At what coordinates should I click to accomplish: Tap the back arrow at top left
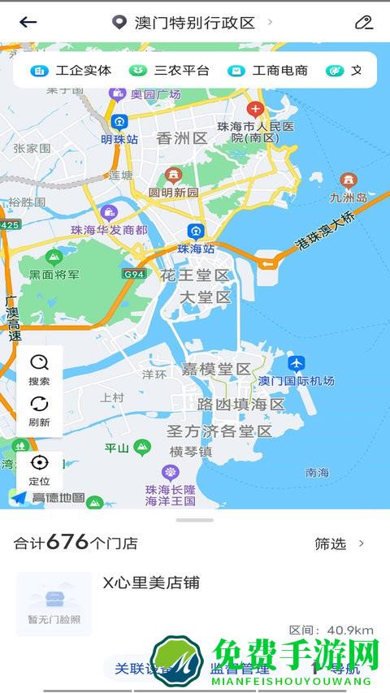[x=28, y=22]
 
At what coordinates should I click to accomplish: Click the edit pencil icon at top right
[x=363, y=22]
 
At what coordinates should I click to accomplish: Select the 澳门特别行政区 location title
[x=194, y=22]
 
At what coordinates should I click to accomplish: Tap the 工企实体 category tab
[x=71, y=71]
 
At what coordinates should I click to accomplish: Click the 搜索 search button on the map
[x=39, y=369]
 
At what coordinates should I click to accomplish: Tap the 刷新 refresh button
[x=39, y=410]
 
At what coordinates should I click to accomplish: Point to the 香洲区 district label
[x=182, y=138]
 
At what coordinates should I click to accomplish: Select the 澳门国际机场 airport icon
[x=297, y=363]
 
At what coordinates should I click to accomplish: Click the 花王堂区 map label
[x=195, y=275]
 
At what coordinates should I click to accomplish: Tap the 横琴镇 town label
[x=190, y=451]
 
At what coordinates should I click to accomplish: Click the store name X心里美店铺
[x=151, y=583]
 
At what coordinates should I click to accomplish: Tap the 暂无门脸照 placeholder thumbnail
[x=54, y=604]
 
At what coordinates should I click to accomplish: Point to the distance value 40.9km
[x=331, y=630]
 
